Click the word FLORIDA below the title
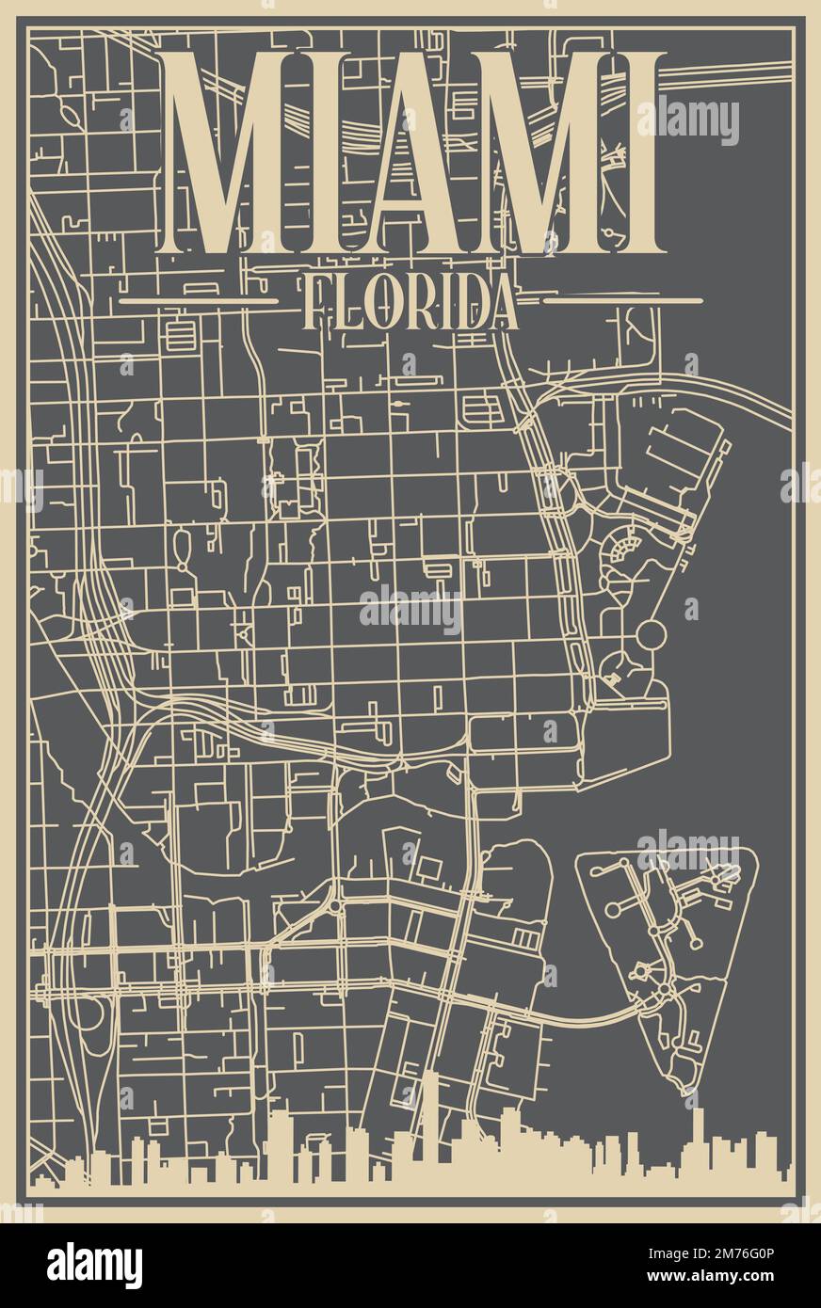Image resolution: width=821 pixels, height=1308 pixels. pos(411,302)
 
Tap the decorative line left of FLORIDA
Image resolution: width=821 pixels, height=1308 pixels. pos(199,301)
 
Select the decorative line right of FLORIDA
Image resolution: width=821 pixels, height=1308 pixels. pos(623,301)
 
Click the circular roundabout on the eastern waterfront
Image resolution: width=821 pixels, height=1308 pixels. pos(651,635)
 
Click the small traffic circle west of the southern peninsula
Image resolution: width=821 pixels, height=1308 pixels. pos(335,907)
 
